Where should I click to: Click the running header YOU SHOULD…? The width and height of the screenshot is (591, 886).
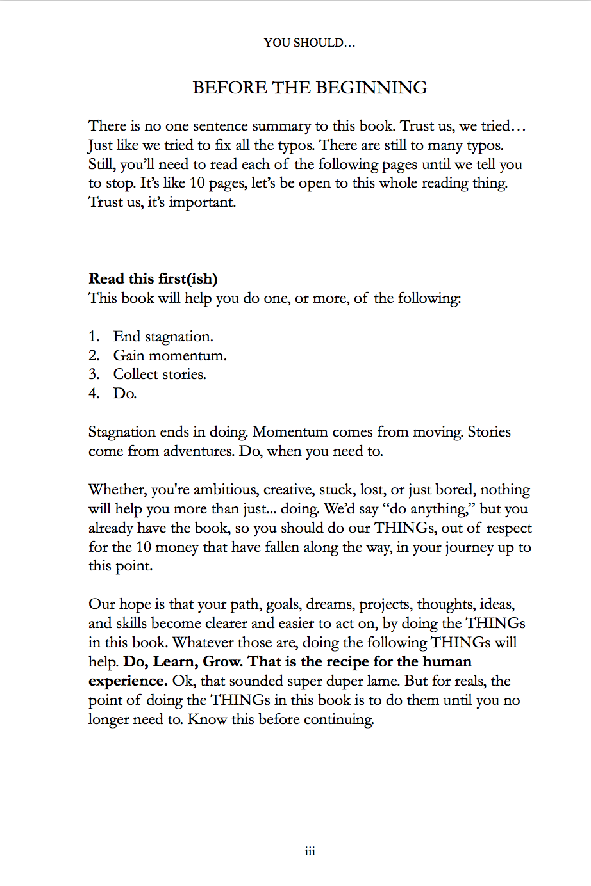pos(310,43)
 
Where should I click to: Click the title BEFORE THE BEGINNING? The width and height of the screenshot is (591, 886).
pos(310,88)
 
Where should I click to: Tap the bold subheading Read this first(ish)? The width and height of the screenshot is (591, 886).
pos(153,278)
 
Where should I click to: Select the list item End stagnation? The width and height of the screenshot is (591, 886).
pos(163,337)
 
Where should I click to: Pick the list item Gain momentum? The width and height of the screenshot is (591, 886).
pos(170,355)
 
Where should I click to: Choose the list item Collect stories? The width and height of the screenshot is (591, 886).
pos(160,375)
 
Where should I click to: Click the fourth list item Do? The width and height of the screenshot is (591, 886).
pos(125,394)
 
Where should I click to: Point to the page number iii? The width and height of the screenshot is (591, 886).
pos(310,851)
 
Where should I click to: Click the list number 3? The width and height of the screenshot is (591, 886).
pos(94,375)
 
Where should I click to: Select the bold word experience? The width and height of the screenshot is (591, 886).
pos(128,681)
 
